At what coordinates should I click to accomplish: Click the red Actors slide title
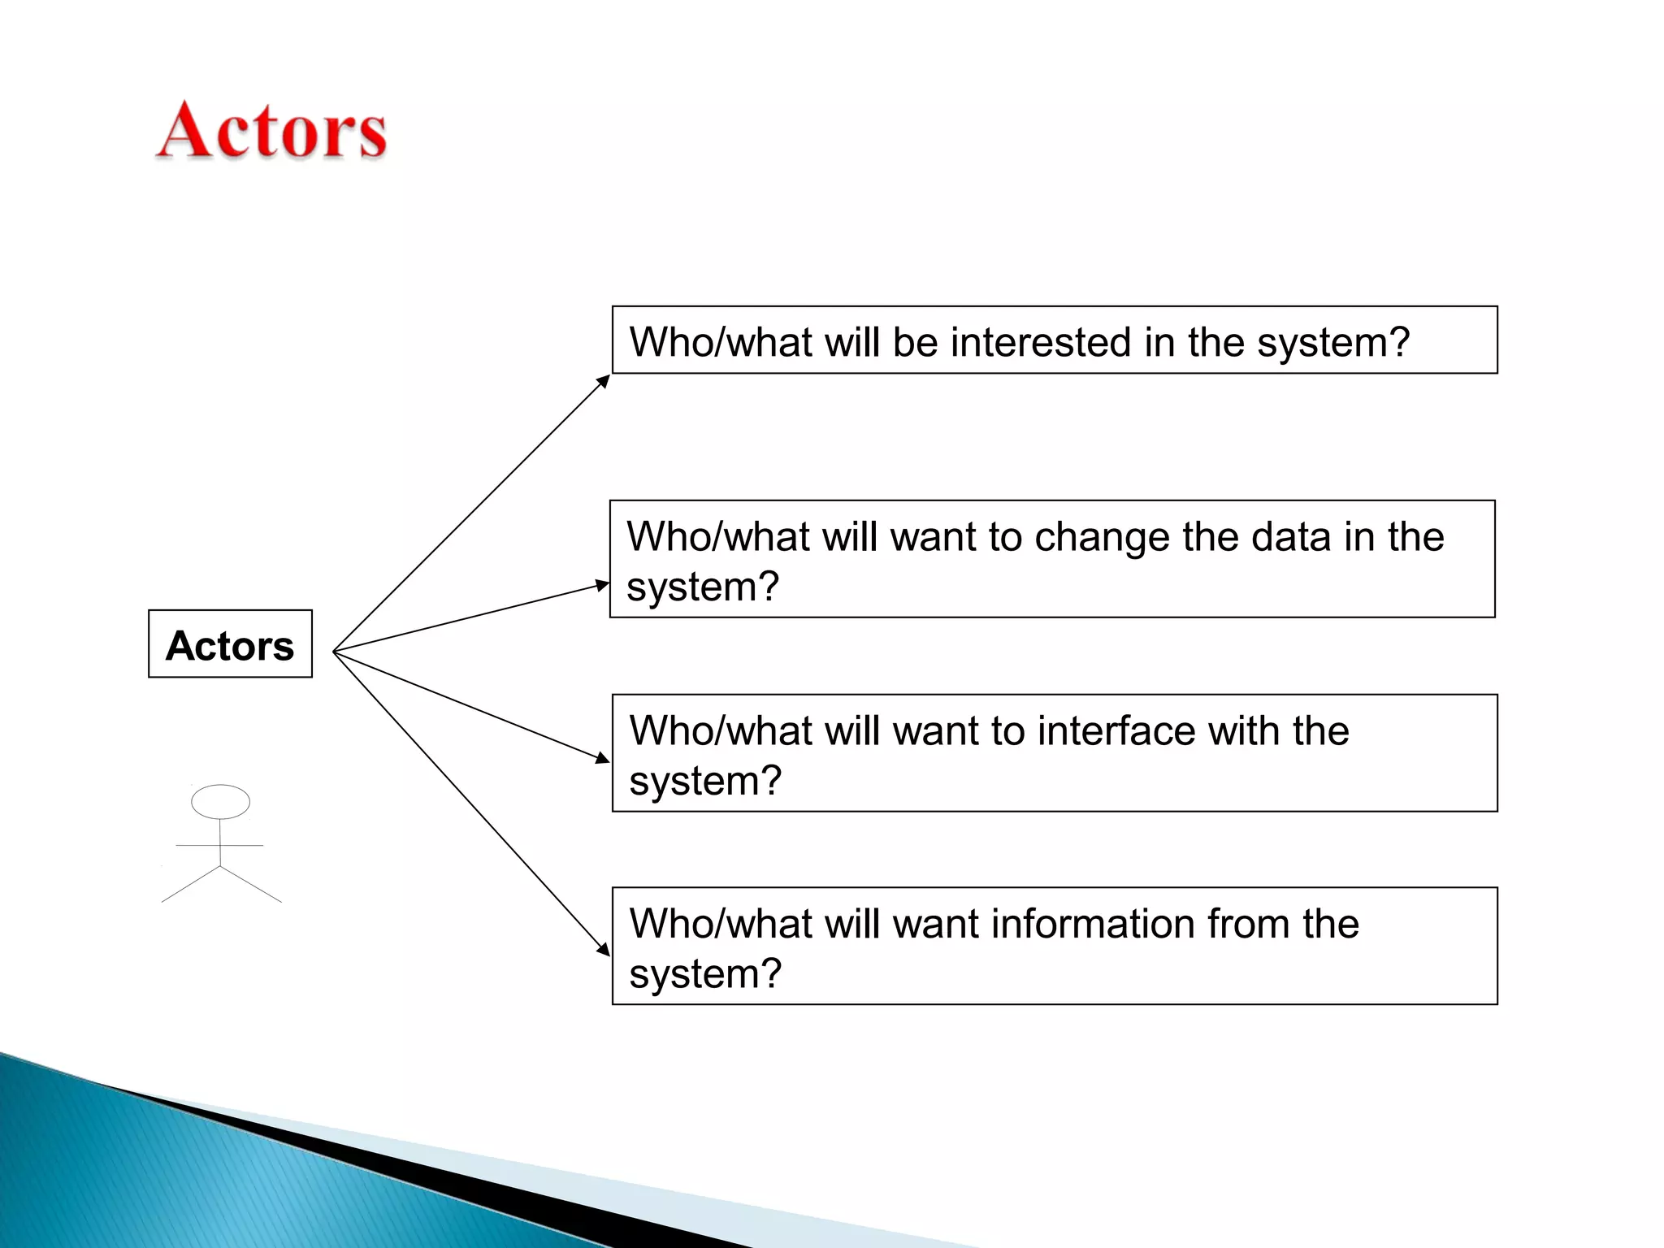[271, 131]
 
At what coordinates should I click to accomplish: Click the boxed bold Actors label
[230, 646]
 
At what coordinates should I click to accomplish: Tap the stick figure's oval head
[220, 801]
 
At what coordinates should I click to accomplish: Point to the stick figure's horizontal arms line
[219, 846]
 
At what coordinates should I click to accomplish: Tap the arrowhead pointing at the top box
[604, 380]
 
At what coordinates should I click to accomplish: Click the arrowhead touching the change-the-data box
[602, 584]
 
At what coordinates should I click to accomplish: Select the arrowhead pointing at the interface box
[602, 759]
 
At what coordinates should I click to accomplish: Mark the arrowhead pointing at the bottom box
[604, 950]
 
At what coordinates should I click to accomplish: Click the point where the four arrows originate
[334, 652]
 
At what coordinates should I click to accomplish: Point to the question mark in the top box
[1400, 342]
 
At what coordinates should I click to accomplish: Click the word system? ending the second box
[702, 587]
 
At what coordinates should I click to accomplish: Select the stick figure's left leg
[190, 885]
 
